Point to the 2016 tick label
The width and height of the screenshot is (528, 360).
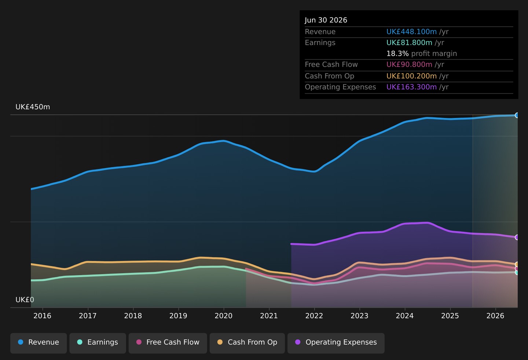pos(42,316)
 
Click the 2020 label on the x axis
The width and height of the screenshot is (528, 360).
pos(223,316)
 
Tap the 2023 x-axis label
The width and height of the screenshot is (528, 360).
pos(359,316)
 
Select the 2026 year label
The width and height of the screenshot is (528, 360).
pos(495,316)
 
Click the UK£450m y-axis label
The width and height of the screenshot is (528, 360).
pos(33,107)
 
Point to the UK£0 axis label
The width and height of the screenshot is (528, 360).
pos(25,300)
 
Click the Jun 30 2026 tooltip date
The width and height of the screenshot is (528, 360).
pos(326,20)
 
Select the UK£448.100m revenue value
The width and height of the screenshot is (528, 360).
pos(411,32)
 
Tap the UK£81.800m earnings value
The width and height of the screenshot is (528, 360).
pos(409,43)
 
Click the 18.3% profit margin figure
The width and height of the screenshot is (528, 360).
pos(397,54)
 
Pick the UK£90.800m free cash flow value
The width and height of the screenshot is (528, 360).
pos(409,65)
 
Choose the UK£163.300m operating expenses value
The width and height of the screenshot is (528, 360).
pos(411,87)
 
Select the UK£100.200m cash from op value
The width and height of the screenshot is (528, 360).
pos(411,76)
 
